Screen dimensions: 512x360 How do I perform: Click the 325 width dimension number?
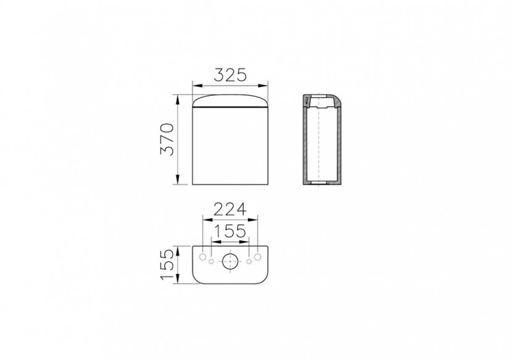pos(230,75)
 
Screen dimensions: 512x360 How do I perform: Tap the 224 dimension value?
pos(230,210)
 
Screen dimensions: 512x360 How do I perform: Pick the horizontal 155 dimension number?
pos(230,231)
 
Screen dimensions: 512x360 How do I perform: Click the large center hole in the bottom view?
pos(230,261)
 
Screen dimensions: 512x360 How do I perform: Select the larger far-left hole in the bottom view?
pos(203,257)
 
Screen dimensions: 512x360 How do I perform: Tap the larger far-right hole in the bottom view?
pos(258,257)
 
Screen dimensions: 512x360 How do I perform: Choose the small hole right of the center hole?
pos(249,261)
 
